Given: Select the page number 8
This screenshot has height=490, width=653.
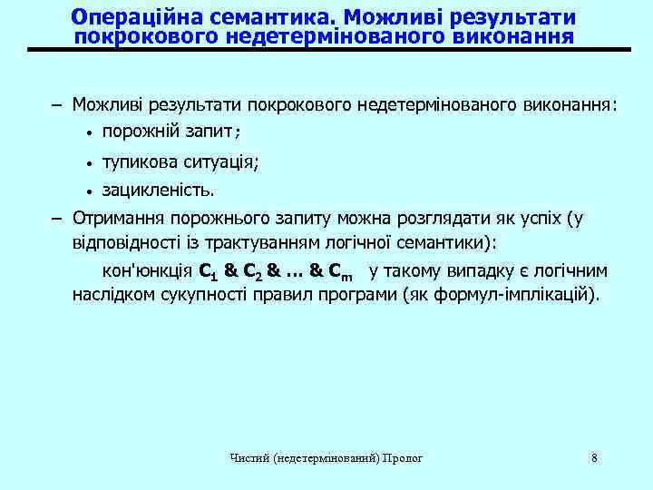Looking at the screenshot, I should (594, 457).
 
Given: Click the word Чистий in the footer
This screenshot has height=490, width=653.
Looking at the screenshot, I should (249, 458).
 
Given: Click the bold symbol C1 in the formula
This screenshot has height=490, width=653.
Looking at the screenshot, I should (208, 271).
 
